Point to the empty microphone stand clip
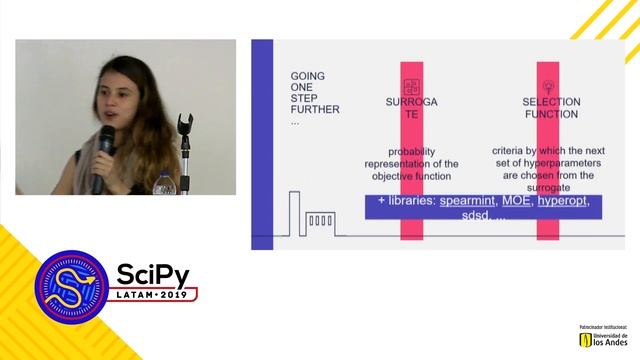tap(184, 125)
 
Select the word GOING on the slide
tap(308, 76)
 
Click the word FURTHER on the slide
tap(315, 111)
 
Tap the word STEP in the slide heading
tap(304, 99)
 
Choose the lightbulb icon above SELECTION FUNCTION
tap(547, 86)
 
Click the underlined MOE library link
tap(516, 202)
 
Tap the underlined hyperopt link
tap(563, 202)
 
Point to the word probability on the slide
tap(410, 151)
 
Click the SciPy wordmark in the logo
tap(152, 275)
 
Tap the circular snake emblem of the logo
tap(73, 287)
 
